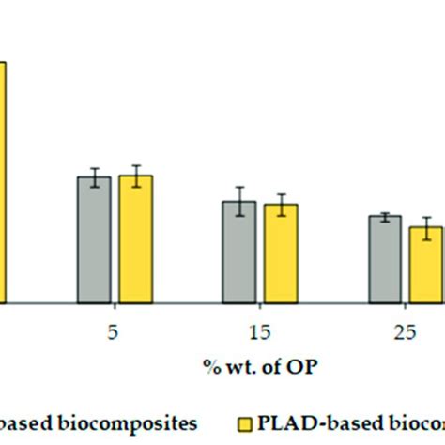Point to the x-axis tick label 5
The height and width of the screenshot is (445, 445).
[x=115, y=331]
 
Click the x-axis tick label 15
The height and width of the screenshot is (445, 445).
[x=260, y=331]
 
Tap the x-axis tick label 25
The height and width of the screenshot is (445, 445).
[x=406, y=331]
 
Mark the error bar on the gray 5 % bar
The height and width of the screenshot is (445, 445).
[x=94, y=177]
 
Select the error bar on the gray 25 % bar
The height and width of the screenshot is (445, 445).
[x=385, y=217]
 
